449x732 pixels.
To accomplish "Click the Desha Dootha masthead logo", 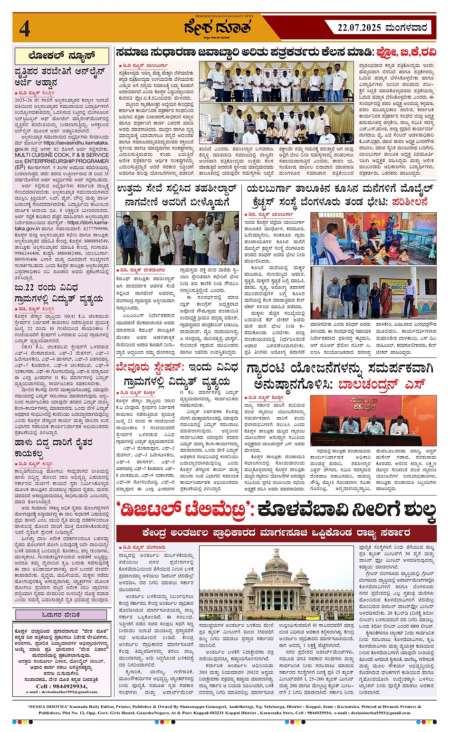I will (218, 29).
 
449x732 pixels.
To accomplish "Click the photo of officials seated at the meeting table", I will (373, 421).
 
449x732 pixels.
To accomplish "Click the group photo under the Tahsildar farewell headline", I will (178, 238).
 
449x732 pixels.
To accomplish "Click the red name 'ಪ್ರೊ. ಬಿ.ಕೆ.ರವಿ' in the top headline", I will (406, 52).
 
